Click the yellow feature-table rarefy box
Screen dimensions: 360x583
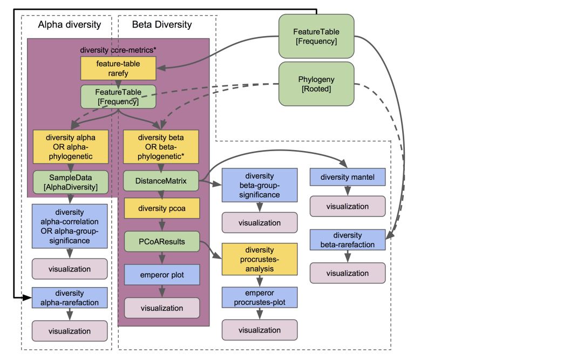118,68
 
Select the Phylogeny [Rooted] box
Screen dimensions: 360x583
316,84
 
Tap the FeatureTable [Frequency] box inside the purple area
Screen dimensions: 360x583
118,97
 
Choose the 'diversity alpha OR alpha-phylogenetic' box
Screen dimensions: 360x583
71,146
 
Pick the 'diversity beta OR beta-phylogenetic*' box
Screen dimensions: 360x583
161,146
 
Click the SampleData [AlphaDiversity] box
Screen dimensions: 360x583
71,182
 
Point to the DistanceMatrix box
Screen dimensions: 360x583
161,181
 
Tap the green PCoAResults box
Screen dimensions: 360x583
161,241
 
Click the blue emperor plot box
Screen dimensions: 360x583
162,275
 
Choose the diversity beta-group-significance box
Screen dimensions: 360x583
260,185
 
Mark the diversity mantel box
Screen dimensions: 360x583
347,177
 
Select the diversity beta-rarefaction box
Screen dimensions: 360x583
347,240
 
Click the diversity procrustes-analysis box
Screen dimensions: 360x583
260,259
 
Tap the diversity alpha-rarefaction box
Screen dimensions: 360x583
69,298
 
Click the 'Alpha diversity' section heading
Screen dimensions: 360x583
69,24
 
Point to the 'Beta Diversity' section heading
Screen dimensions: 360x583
162,24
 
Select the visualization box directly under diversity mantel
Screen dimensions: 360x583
347,206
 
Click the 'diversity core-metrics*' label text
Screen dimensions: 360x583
118,50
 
